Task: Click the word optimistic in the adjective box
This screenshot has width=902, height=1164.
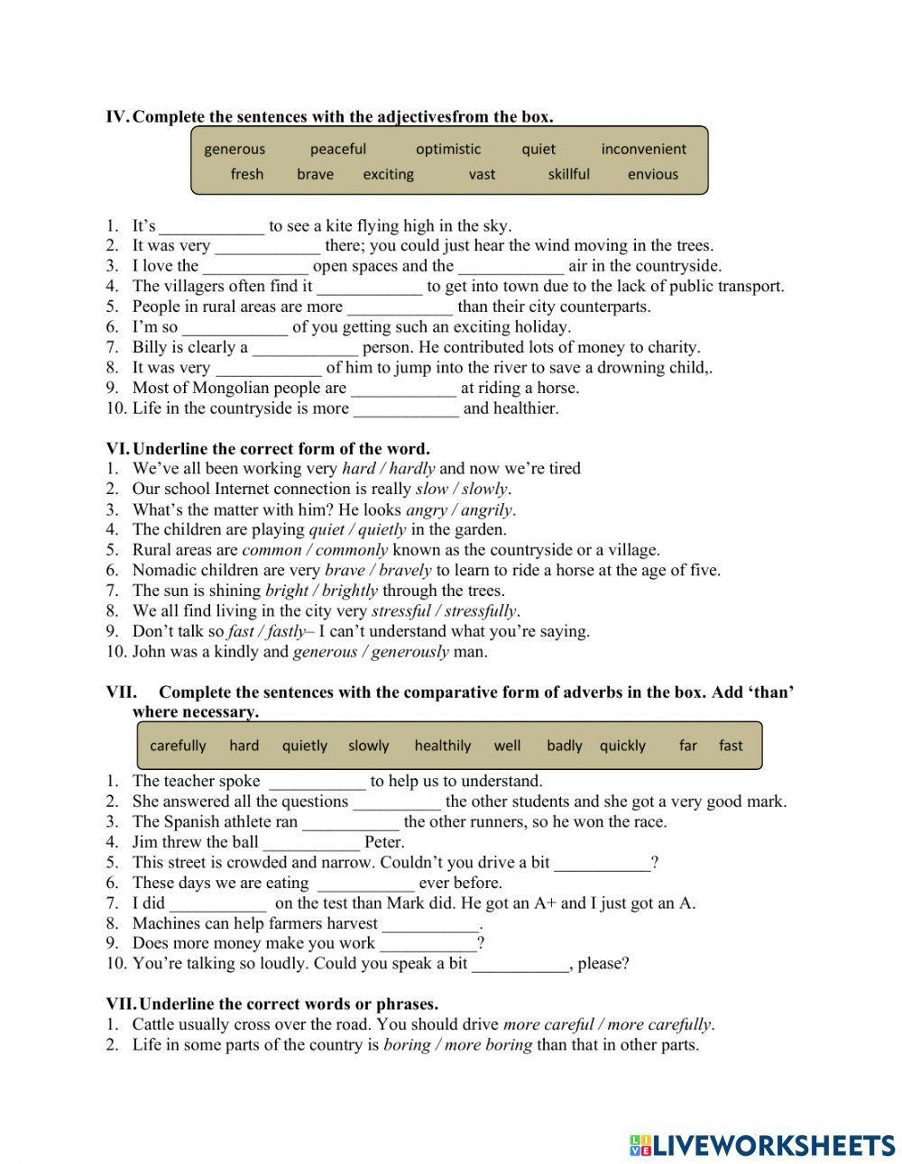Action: pos(448,150)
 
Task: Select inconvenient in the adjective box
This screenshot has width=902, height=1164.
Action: pos(643,150)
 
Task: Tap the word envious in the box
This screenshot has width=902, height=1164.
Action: pos(652,175)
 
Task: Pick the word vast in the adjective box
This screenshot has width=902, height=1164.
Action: pos(482,175)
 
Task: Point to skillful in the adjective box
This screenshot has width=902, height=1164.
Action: pos(568,175)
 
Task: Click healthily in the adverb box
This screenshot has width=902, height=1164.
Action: pos(442,746)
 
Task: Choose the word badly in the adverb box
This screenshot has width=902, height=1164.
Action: pos(564,746)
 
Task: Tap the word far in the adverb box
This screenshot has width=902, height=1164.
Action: pos(688,746)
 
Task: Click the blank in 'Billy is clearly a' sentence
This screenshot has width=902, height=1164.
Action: pos(305,348)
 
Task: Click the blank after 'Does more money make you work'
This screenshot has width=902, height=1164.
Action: pos(428,944)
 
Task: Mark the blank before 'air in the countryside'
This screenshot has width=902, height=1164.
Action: pos(511,267)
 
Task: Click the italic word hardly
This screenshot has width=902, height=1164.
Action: pos(412,469)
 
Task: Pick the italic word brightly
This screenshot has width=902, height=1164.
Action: pos(348,591)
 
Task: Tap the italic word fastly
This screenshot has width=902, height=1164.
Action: pos(287,632)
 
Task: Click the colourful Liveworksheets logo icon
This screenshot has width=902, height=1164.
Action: pos(640,1145)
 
